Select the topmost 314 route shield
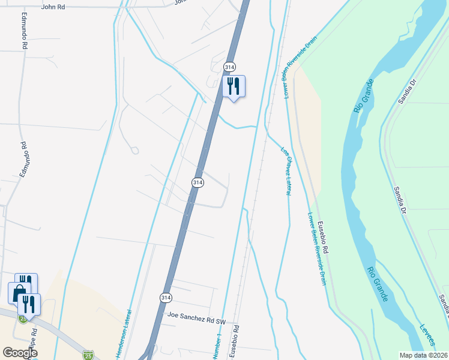point(229,67)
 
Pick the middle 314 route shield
point(198,182)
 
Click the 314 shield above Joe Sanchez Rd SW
point(166,298)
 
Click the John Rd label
point(53,7)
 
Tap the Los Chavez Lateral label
point(286,171)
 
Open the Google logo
point(20,352)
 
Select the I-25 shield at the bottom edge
point(88,355)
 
